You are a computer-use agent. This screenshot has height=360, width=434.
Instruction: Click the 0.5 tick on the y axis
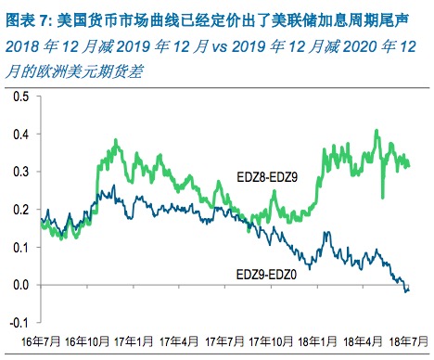point(19,96)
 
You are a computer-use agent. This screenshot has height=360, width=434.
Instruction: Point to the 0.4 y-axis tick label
point(19,134)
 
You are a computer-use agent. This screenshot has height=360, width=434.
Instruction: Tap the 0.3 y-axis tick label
point(19,172)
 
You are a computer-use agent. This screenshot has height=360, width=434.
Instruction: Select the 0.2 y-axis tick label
point(19,210)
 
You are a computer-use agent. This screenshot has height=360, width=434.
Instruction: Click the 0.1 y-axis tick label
point(19,247)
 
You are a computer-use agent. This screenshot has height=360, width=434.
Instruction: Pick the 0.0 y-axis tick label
point(19,285)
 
